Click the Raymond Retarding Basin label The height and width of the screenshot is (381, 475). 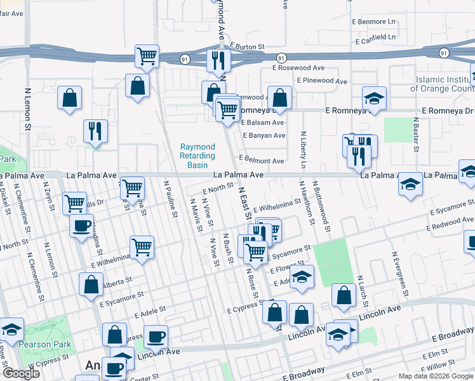[x=197, y=156]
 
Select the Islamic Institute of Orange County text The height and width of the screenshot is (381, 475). [x=445, y=84]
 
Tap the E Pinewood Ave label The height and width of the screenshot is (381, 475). [x=322, y=81]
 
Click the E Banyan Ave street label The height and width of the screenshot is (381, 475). [x=264, y=135]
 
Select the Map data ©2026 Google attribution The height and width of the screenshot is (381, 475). [x=435, y=376]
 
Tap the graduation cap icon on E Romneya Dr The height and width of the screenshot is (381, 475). [x=374, y=98]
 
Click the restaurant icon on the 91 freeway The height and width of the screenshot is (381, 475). [x=217, y=61]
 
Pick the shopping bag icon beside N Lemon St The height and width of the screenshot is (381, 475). [x=70, y=98]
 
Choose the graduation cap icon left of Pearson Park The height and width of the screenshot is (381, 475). [x=11, y=330]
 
